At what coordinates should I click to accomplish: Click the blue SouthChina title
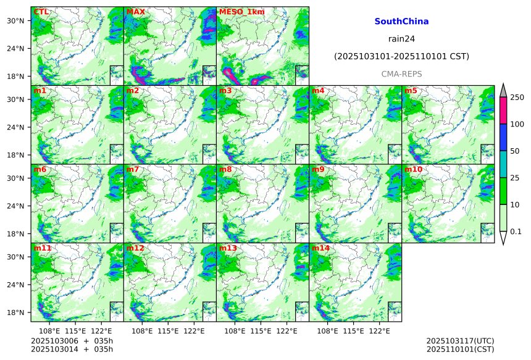point(401,21)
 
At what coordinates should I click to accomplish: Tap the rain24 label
point(401,38)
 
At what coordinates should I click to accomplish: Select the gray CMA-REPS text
point(401,73)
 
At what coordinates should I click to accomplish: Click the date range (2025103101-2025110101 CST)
point(401,56)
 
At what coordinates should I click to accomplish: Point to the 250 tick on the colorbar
point(517,97)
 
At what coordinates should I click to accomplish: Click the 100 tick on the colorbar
point(517,124)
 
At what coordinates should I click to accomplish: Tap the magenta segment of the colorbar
point(503,111)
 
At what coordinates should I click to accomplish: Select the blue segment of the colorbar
point(503,138)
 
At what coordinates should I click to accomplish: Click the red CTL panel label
point(41,12)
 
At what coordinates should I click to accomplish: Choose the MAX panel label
point(135,12)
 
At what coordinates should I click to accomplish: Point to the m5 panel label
point(411,91)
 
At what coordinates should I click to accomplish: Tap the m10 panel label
point(413,169)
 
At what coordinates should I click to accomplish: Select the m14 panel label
point(320,248)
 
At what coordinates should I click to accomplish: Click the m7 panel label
point(133,169)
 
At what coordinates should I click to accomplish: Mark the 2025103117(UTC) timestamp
point(460,341)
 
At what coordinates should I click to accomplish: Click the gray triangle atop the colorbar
point(503,90)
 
